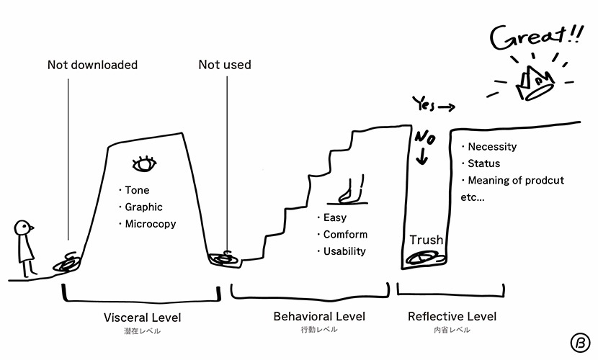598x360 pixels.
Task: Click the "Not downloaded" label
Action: (92, 65)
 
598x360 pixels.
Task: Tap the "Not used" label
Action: (225, 65)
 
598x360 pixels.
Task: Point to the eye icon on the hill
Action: (145, 164)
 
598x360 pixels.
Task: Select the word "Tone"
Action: (138, 191)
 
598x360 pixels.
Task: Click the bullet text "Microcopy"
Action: (150, 224)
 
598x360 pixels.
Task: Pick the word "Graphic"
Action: (143, 207)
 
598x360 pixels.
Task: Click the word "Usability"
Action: (344, 251)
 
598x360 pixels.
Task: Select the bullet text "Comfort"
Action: (345, 235)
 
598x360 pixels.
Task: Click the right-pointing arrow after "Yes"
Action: (446, 107)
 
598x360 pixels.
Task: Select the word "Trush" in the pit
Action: (426, 240)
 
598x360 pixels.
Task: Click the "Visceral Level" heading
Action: (143, 318)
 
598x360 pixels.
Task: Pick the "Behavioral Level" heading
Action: (319, 316)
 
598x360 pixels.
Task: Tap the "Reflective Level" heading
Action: (452, 316)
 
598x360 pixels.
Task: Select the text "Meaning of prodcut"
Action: (516, 180)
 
